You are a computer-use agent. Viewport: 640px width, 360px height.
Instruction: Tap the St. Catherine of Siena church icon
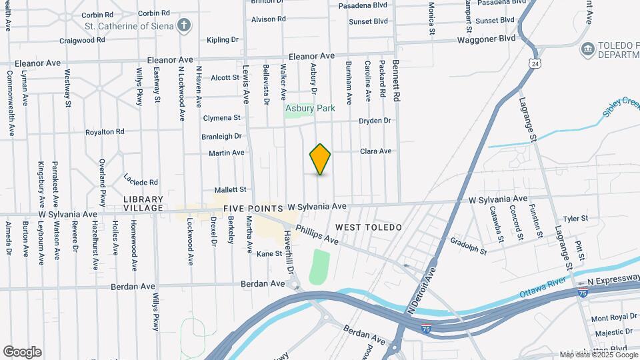pos(185,26)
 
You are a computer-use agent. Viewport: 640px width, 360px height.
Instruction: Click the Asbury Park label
pos(310,108)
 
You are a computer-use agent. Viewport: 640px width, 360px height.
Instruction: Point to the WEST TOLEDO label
pos(369,227)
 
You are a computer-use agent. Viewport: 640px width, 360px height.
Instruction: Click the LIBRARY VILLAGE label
pos(143,203)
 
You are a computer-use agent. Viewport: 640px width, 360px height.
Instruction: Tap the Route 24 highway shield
pos(535,64)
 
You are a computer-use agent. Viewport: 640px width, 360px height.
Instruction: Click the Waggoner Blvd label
pos(487,39)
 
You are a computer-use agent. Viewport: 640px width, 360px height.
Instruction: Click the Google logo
pos(22,351)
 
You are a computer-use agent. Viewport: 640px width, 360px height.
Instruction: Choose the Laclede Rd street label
pos(141,179)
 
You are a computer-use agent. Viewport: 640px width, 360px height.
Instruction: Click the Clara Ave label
pos(376,151)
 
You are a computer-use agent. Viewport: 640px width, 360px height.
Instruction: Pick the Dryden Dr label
pos(375,121)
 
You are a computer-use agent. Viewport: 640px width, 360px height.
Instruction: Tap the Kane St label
pos(270,253)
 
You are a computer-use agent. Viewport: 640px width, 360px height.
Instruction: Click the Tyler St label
pos(575,218)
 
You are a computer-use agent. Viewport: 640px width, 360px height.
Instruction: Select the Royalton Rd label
pos(105,132)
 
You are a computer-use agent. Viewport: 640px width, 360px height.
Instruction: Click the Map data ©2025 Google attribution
pos(597,355)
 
